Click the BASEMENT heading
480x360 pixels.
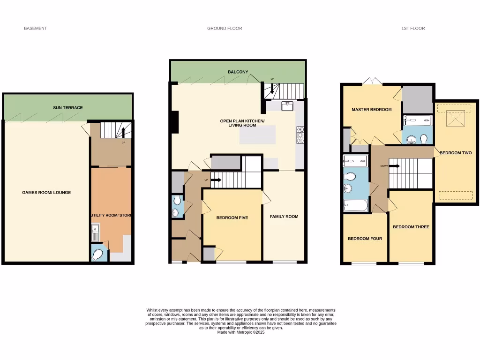click(35, 28)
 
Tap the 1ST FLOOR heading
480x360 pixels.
click(413, 28)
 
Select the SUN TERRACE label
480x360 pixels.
click(67, 107)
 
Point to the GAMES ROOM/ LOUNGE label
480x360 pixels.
click(46, 192)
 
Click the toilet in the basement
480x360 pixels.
click(97, 254)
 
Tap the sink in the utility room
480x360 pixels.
click(94, 230)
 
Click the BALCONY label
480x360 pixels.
click(238, 72)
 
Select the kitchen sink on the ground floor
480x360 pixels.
click(287, 106)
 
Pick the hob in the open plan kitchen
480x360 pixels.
click(300, 134)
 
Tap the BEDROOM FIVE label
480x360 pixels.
click(232, 217)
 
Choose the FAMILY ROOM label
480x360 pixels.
click(284, 216)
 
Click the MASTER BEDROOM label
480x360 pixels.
click(371, 109)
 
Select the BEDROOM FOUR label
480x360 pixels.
click(364, 239)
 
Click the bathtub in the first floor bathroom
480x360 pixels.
click(355, 205)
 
